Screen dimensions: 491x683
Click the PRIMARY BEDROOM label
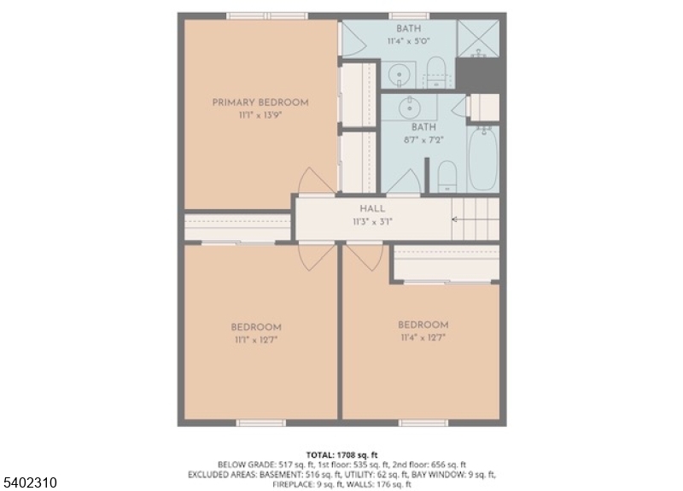260,102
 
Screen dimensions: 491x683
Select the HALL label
372,208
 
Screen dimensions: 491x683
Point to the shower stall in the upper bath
478,38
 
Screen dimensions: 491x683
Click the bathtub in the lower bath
482,159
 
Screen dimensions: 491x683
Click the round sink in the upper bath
399,75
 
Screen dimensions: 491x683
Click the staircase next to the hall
476,219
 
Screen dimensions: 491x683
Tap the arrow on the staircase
456,219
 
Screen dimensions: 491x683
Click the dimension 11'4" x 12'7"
423,337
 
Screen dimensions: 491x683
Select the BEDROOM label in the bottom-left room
256,327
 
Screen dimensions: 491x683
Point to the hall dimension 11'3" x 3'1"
372,221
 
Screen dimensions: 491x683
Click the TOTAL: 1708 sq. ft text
341,453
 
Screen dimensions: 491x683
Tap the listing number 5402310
30,482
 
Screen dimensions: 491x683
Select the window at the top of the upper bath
398,15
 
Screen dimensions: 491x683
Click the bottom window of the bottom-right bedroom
423,423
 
